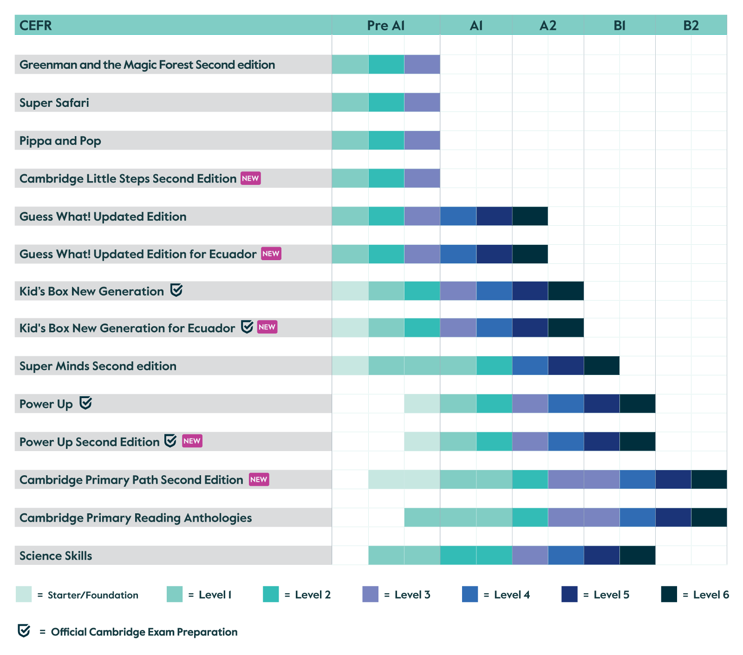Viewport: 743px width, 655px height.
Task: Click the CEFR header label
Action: tap(36, 26)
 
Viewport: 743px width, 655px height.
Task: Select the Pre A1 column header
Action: tap(385, 26)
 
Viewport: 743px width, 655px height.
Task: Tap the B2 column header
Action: tap(691, 26)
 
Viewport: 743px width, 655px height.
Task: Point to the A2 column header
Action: tap(548, 26)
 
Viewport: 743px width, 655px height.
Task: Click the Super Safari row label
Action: tap(54, 103)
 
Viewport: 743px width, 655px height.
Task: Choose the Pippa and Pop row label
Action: tap(60, 141)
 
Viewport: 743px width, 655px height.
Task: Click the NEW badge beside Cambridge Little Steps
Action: tap(250, 178)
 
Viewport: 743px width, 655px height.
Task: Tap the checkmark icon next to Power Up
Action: tap(85, 403)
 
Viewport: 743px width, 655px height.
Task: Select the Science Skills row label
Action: tap(56, 556)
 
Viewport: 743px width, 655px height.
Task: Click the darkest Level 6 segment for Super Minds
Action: tap(602, 366)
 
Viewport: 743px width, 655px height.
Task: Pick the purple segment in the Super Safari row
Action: tap(422, 102)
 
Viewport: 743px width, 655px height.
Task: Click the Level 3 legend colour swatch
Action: tap(370, 594)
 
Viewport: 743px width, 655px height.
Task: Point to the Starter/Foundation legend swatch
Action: tap(24, 594)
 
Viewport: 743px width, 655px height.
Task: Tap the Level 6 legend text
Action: tap(711, 595)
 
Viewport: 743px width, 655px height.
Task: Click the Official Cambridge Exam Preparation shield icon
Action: tap(24, 631)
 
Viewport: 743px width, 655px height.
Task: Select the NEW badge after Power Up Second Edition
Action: tap(192, 441)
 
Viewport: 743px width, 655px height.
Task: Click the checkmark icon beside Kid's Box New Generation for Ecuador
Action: tap(247, 327)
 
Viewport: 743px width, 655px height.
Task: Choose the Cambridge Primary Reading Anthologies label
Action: tap(136, 517)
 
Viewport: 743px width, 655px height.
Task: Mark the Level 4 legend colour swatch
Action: tap(470, 594)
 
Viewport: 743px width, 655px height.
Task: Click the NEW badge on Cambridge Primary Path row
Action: tap(259, 479)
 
